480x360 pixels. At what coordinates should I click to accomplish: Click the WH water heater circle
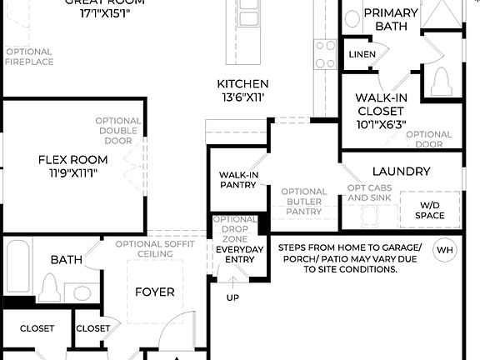tap(445, 249)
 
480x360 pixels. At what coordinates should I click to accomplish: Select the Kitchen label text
tap(242, 83)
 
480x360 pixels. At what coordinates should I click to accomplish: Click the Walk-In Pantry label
tap(238, 179)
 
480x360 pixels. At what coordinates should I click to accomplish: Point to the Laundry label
tap(401, 172)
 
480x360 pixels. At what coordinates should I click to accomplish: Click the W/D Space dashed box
tap(430, 210)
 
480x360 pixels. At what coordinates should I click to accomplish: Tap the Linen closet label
tap(362, 55)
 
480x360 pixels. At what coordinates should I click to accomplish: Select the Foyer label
tap(155, 292)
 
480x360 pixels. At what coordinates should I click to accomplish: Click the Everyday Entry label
tap(239, 254)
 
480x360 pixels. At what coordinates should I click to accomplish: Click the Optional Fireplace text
tap(29, 57)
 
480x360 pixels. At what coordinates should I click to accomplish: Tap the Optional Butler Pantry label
tap(303, 202)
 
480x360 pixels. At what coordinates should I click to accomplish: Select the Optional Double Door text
tap(117, 130)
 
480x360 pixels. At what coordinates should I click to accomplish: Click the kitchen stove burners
tap(324, 54)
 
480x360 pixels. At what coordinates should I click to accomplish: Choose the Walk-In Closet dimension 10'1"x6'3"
tap(381, 124)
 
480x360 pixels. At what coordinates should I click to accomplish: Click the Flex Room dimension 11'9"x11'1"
tap(73, 173)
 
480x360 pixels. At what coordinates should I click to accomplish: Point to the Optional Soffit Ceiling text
tap(155, 248)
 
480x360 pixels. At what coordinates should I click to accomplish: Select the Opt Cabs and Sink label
tap(369, 192)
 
